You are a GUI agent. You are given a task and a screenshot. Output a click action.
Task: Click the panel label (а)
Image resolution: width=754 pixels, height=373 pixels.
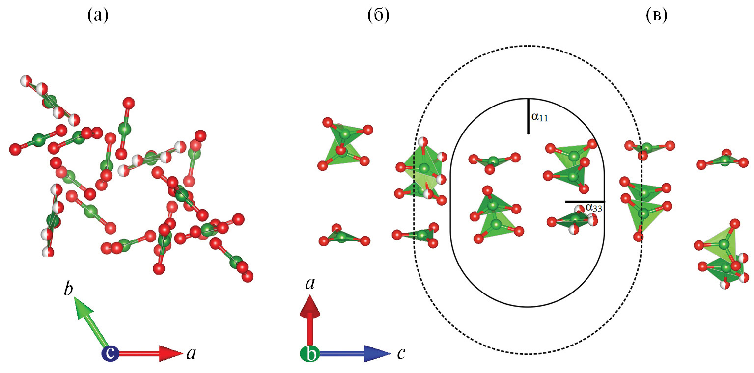(x=97, y=16)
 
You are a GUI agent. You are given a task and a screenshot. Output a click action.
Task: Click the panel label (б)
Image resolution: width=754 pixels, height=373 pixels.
(x=378, y=16)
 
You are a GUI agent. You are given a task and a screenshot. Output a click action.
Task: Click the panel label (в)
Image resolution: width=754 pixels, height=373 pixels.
(x=656, y=16)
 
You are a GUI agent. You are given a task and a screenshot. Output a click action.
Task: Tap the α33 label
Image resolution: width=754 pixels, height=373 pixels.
(x=594, y=208)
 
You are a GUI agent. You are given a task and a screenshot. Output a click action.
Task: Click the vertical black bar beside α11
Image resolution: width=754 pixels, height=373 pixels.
(x=528, y=116)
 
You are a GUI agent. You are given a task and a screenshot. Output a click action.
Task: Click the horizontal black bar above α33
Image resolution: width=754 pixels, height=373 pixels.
(x=585, y=201)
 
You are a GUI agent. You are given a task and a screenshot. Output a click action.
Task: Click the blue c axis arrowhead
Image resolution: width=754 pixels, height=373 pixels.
(x=375, y=353)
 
